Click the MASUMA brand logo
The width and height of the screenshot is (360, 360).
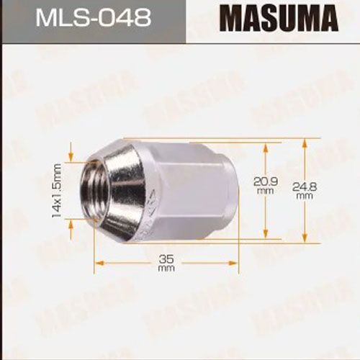pyautogui.click(x=279, y=19)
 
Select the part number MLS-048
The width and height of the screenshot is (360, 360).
pyautogui.click(x=94, y=18)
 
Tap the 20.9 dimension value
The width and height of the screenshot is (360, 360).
pyautogui.click(x=266, y=181)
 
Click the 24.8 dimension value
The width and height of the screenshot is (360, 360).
pyautogui.click(x=305, y=186)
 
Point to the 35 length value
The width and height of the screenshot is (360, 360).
pyautogui.click(x=166, y=259)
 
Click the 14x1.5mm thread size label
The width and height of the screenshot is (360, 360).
pyautogui.click(x=57, y=190)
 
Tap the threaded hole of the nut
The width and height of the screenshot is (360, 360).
pyautogui.click(x=96, y=189)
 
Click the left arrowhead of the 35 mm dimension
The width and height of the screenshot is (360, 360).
pyautogui.click(x=99, y=264)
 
